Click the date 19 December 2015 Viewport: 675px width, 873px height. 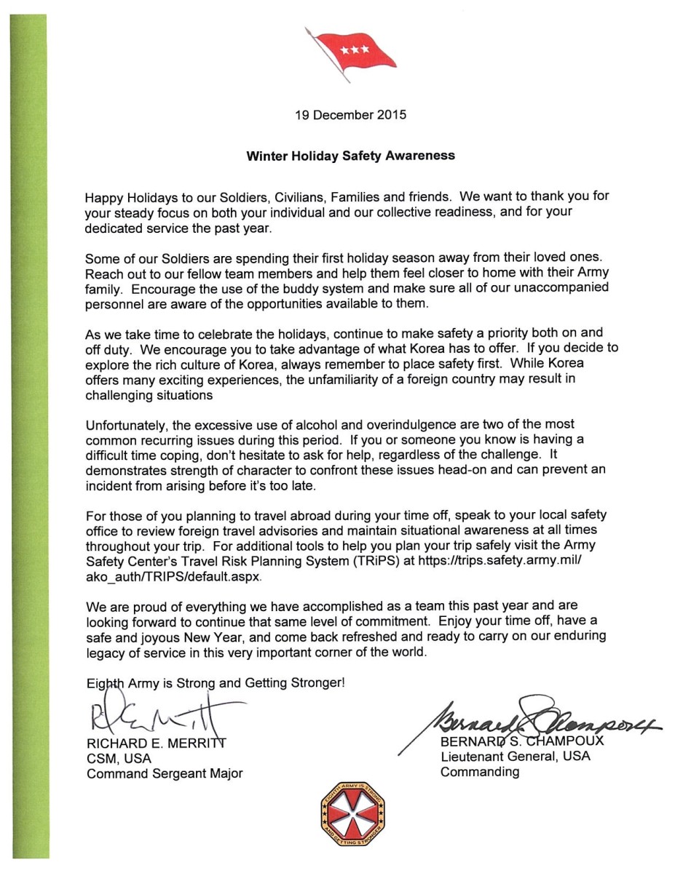tap(350, 115)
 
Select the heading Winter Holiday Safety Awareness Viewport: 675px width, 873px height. tap(350, 156)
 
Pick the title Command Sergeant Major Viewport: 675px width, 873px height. tap(165, 774)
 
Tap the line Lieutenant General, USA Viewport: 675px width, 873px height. tap(516, 757)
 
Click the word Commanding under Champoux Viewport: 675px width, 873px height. tap(480, 773)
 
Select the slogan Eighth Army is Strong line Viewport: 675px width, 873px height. tap(215, 685)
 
